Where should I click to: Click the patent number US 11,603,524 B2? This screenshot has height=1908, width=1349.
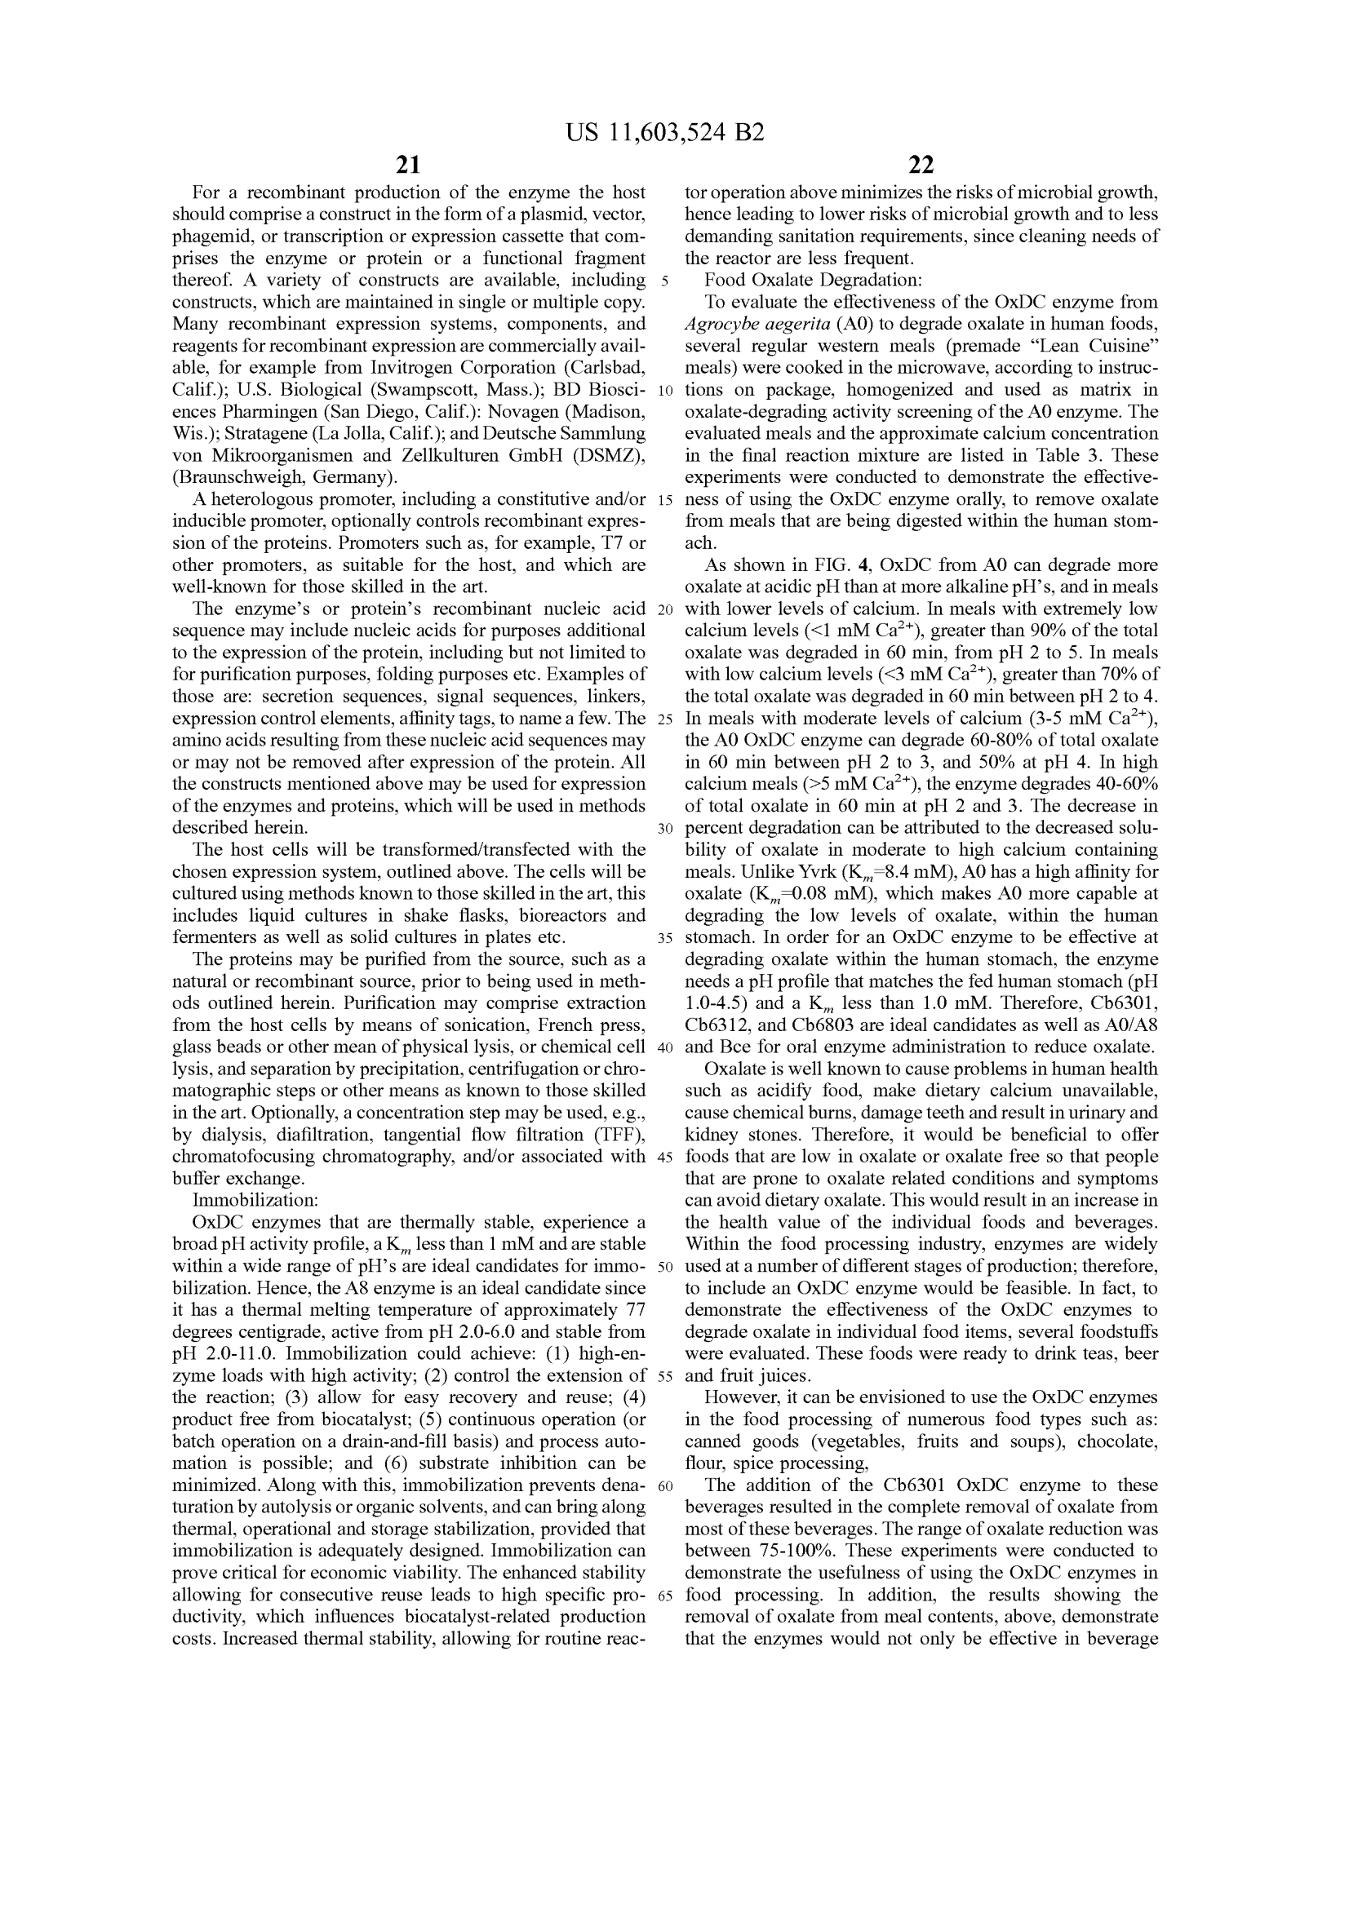[x=664, y=133]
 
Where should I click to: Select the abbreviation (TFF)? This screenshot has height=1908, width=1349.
[x=612, y=1135]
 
